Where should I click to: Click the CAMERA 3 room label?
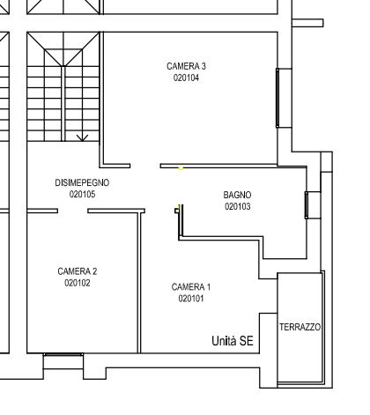click(x=186, y=66)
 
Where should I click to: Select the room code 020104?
click(x=186, y=78)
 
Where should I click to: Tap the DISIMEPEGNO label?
click(x=82, y=182)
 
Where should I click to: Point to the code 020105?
click(x=83, y=194)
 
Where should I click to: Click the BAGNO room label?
click(x=237, y=195)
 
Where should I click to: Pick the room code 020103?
click(x=238, y=206)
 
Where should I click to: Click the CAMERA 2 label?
click(x=78, y=271)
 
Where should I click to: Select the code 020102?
click(x=78, y=283)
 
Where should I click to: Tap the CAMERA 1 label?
click(x=191, y=287)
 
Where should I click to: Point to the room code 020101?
click(x=191, y=299)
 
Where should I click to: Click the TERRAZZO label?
click(x=300, y=327)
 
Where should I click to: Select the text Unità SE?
click(x=233, y=341)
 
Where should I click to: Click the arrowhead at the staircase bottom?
click(x=83, y=138)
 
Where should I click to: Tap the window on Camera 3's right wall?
click(x=277, y=98)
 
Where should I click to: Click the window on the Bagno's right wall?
click(x=307, y=205)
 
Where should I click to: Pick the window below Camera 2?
click(x=63, y=355)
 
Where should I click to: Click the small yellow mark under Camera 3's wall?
click(x=181, y=168)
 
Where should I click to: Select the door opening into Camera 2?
click(x=72, y=211)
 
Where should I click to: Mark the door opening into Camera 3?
click(x=145, y=166)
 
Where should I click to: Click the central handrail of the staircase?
click(x=63, y=103)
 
